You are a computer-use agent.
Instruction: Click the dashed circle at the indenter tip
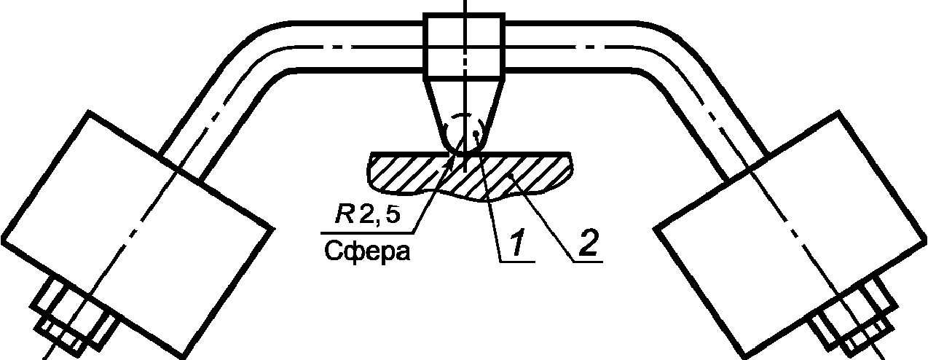(x=464, y=132)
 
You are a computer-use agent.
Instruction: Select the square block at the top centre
(x=464, y=47)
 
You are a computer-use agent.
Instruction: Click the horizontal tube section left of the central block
(x=350, y=47)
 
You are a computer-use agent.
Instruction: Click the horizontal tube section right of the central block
(x=575, y=47)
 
